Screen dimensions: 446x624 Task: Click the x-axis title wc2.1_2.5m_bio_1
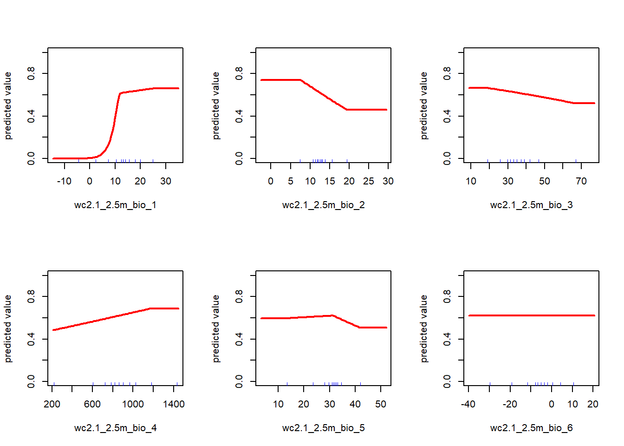tap(115, 205)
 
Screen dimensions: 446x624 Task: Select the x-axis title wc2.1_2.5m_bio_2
tap(323, 205)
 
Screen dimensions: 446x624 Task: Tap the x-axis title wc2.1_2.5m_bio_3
tap(531, 205)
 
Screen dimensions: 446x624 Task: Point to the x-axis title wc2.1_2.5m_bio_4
tap(115, 428)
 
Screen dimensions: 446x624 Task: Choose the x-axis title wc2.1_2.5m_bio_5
tap(323, 428)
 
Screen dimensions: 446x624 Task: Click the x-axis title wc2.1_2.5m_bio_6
tap(531, 428)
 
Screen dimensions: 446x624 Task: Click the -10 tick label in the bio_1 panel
tap(64, 181)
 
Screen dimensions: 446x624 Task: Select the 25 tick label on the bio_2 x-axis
tap(369, 181)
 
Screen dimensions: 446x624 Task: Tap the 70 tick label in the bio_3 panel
tap(581, 181)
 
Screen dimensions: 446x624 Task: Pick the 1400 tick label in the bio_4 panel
tap(174, 404)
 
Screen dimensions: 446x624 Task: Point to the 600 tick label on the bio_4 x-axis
tap(92, 404)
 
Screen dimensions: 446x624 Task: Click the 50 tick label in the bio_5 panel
tap(381, 404)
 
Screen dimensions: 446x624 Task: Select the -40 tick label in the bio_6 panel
tap(468, 404)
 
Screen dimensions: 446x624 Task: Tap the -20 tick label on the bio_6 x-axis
tap(510, 404)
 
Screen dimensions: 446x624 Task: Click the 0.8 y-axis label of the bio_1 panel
tap(31, 73)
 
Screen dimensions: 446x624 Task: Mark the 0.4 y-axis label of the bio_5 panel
tap(239, 339)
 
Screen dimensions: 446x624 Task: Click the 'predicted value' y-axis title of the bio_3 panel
tap(424, 105)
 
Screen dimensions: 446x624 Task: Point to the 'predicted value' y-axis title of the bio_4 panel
tap(8, 328)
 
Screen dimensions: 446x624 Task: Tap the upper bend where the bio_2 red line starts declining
tap(301, 80)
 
